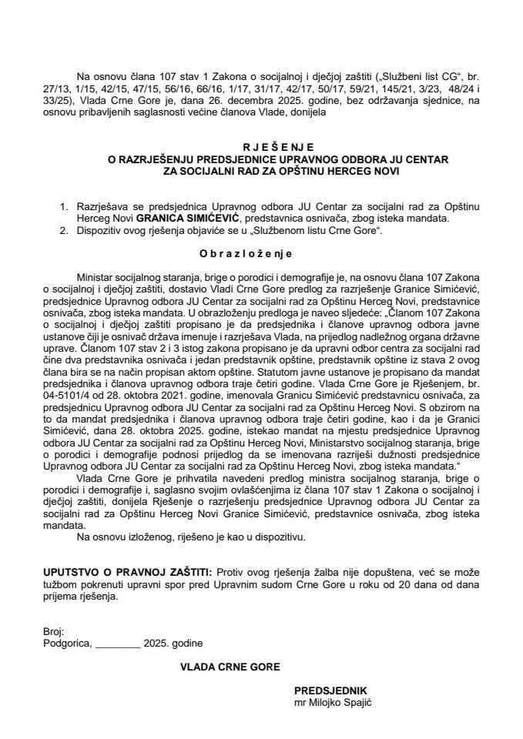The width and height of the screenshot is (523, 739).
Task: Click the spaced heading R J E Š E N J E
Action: click(x=261, y=146)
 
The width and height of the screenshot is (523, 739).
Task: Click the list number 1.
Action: click(x=59, y=207)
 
